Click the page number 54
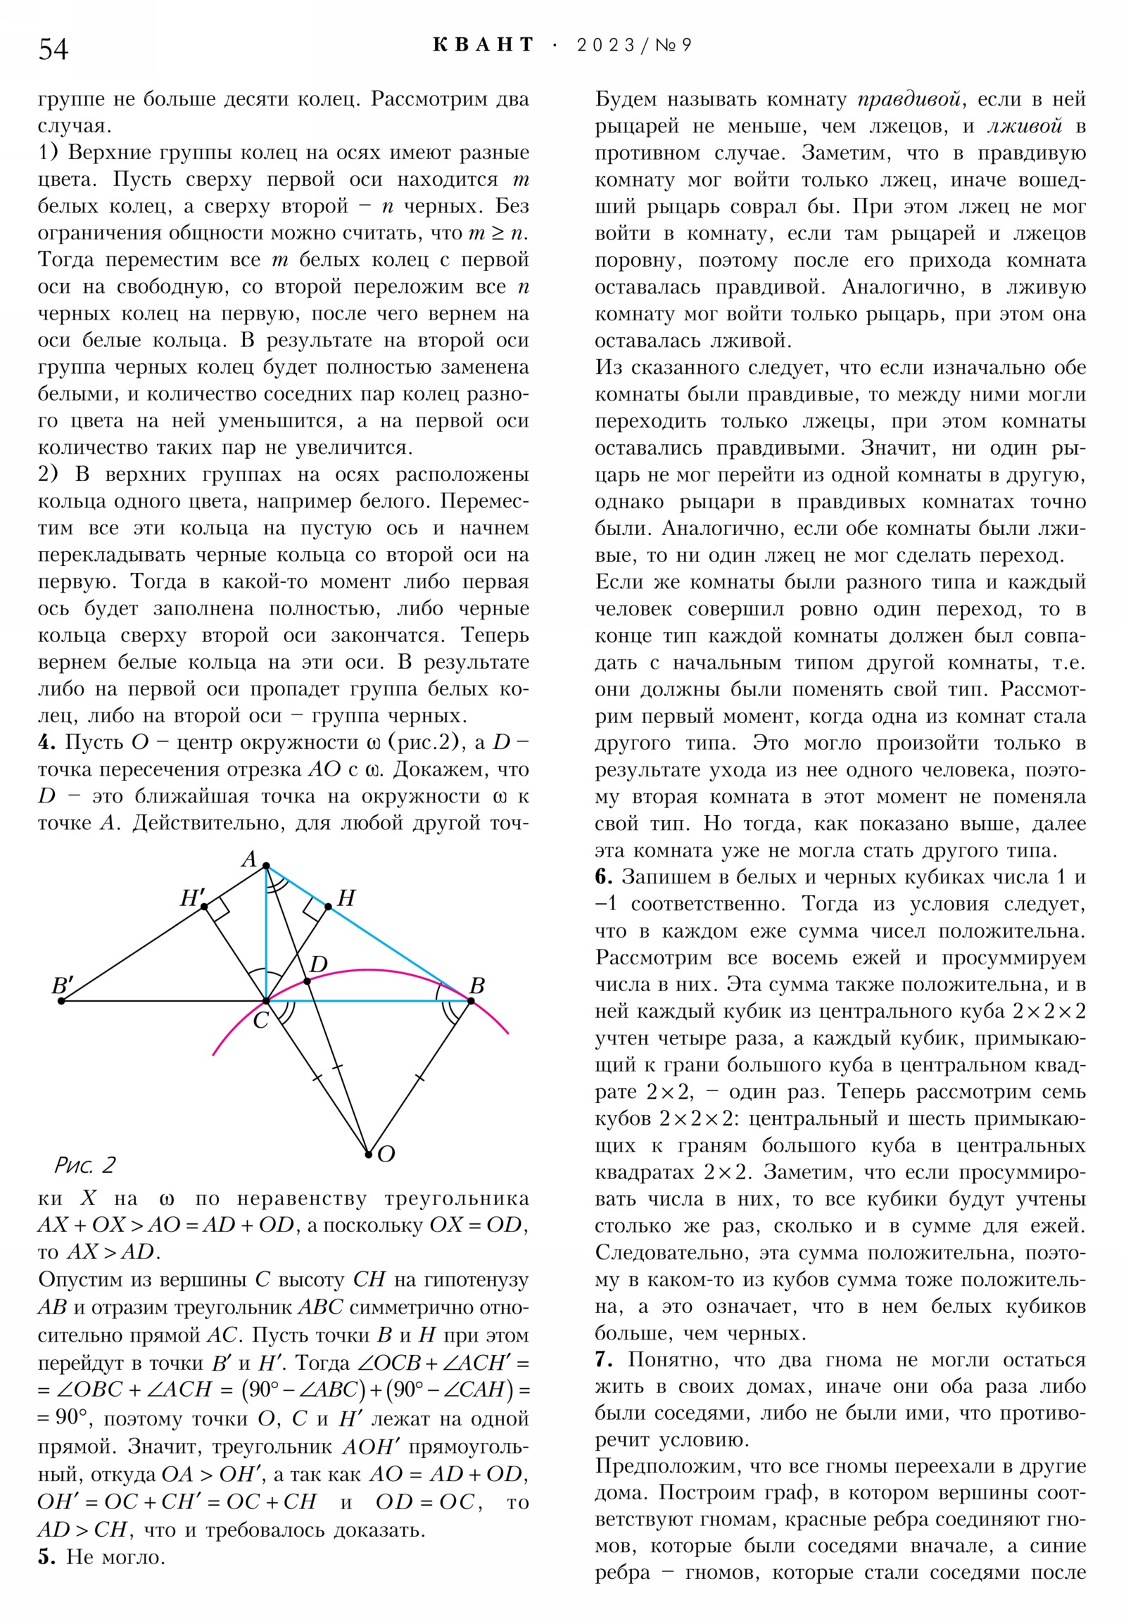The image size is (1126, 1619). (53, 50)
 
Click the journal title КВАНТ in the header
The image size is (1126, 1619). (483, 46)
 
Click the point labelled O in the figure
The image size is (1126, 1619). (368, 1154)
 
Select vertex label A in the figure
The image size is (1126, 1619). (249, 859)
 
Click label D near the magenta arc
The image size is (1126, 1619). (318, 964)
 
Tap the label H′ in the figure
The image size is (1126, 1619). (192, 897)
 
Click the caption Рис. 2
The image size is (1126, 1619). (84, 1165)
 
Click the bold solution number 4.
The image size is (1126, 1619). (46, 743)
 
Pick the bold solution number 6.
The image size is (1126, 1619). (603, 876)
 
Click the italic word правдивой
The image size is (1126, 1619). (909, 99)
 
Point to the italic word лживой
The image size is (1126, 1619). (1024, 126)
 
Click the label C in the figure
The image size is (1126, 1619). (260, 1021)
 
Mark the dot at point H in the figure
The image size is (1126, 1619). (328, 907)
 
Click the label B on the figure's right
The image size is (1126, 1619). (476, 985)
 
